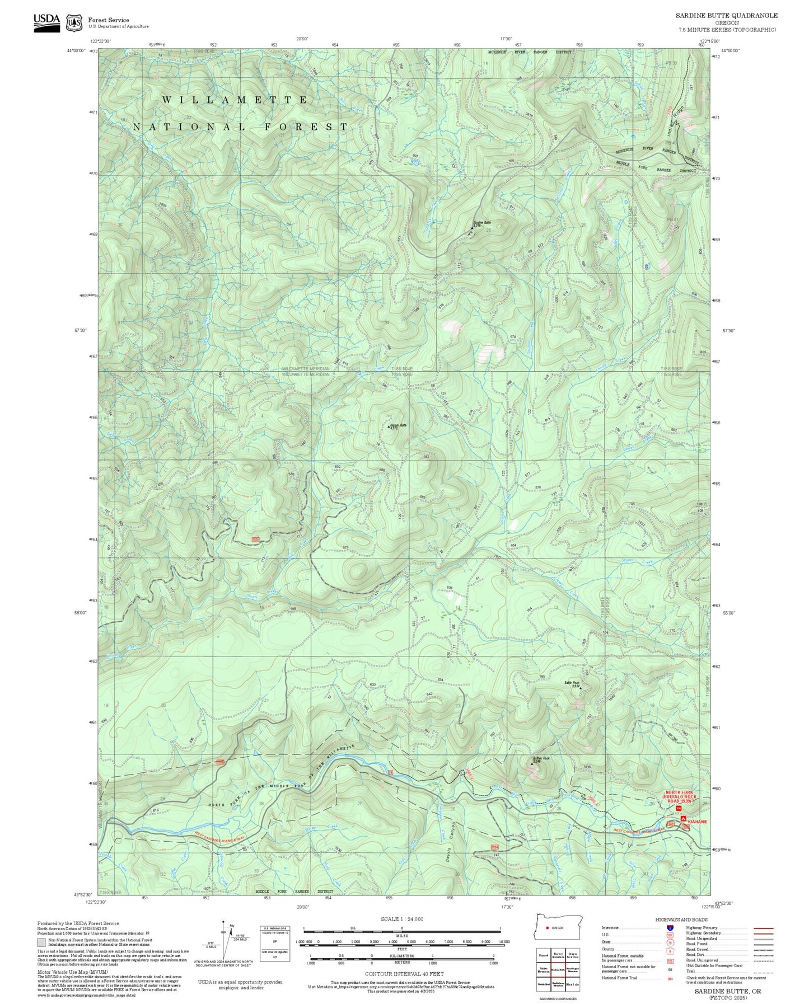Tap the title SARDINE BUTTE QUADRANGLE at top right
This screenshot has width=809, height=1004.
[726, 15]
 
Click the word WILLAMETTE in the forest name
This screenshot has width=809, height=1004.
[235, 100]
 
